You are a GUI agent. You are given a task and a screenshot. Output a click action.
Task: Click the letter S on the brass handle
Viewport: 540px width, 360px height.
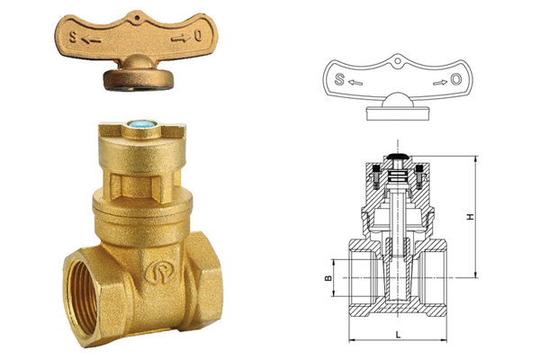coord(73,37)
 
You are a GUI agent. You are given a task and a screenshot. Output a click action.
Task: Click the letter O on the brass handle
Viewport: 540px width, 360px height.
coord(198,35)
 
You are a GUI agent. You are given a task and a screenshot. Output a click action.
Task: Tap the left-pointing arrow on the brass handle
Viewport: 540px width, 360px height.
coord(91,40)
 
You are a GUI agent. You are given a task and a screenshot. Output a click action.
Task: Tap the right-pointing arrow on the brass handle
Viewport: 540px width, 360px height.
coord(181,39)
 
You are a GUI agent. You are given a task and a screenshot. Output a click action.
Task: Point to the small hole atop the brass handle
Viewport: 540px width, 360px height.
coord(137,17)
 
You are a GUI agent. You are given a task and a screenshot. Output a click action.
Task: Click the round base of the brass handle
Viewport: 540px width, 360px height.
coord(138,79)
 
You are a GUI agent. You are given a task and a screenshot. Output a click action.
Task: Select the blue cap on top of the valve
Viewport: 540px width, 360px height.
coord(142,124)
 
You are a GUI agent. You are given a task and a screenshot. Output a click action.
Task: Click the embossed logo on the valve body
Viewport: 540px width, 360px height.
coord(160,272)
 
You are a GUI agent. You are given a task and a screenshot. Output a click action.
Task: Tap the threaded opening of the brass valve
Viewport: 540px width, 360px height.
coord(83,297)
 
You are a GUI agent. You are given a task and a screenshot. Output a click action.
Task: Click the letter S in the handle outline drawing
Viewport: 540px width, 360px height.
coord(339,79)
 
